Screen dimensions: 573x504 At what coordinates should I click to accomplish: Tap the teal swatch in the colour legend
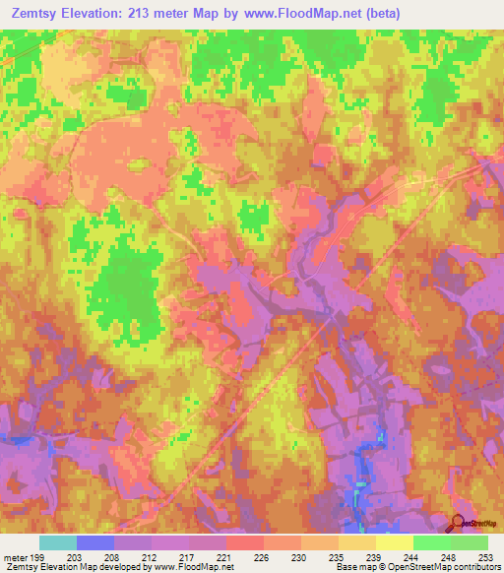tap(58, 542)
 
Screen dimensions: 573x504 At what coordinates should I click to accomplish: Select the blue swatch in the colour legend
tap(95, 542)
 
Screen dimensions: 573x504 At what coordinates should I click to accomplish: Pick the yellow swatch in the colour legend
tap(394, 542)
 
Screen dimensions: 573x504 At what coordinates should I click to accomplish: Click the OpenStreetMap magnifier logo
tap(458, 522)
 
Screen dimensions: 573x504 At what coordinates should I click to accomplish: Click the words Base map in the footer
tap(351, 567)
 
